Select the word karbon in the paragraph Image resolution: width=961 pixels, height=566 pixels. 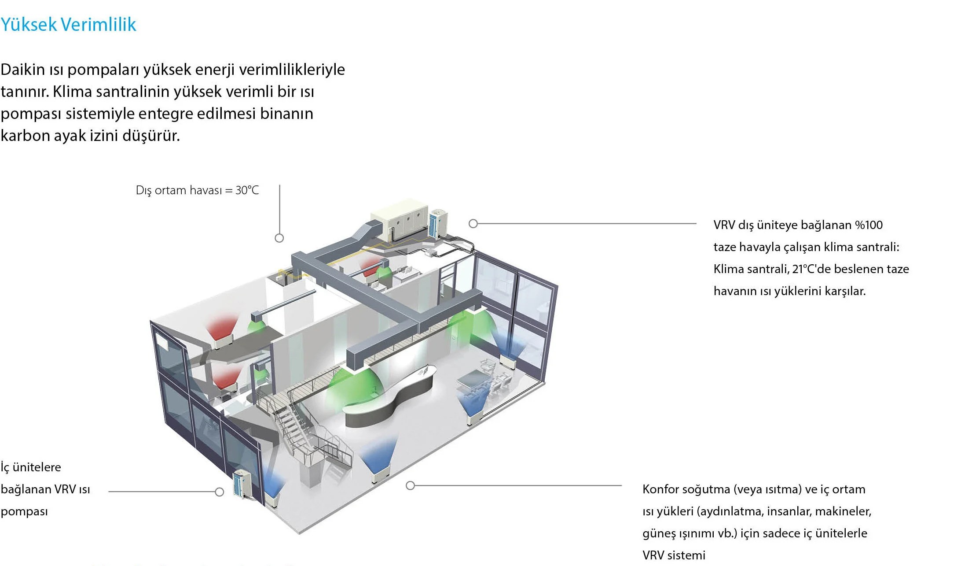tap(25, 136)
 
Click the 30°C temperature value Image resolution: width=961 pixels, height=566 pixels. tap(247, 190)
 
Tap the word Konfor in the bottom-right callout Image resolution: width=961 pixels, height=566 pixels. tap(661, 489)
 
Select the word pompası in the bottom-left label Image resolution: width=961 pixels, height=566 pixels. tap(24, 511)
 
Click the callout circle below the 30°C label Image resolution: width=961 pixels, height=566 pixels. tap(279, 238)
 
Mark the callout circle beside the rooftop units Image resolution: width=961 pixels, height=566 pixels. tap(473, 224)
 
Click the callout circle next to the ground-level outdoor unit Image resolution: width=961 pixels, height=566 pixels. tap(220, 492)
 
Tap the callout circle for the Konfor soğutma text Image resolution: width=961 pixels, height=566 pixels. tap(410, 486)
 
